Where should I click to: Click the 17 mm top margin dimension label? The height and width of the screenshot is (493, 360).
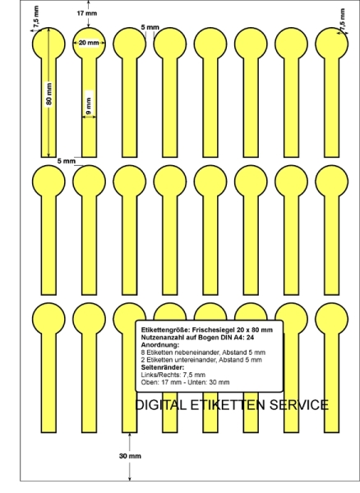coord(87,13)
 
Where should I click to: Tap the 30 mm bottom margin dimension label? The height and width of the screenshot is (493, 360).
coord(130,456)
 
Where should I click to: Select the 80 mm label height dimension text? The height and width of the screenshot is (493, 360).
coord(48,94)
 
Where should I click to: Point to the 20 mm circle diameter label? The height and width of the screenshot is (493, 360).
coord(89,43)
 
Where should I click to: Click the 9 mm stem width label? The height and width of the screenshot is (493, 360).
coord(89,106)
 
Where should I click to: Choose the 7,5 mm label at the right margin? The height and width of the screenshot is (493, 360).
coord(342,20)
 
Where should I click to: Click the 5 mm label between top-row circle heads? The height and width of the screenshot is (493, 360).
coord(150,27)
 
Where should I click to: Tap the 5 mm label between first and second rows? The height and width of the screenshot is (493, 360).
coord(67,161)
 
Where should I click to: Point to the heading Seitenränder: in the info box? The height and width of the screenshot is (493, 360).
coord(163,367)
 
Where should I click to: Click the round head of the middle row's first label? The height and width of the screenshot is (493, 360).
coord(48,182)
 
